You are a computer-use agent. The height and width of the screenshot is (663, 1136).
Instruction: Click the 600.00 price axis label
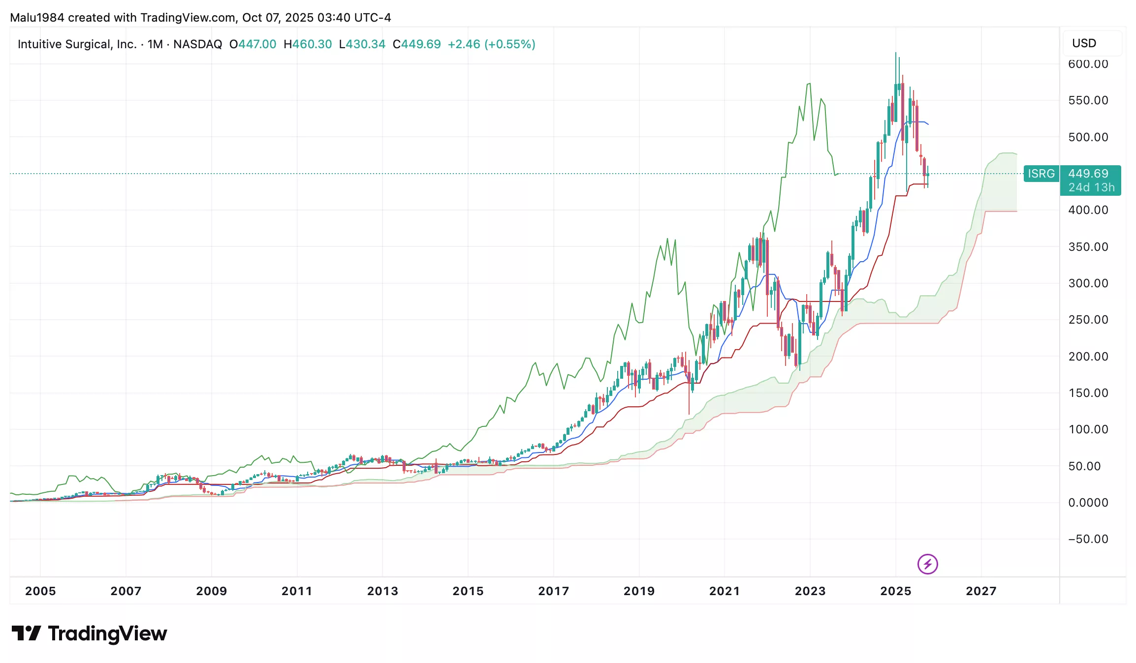(x=1088, y=64)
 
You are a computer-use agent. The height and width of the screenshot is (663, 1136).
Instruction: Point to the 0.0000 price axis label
(x=1088, y=502)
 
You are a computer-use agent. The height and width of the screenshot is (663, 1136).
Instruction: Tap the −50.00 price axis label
(x=1088, y=539)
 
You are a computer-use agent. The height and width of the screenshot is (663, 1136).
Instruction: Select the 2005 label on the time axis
(x=40, y=591)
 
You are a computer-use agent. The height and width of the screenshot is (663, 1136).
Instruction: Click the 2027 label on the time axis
(x=981, y=591)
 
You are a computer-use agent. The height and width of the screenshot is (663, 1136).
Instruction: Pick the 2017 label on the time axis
(x=553, y=591)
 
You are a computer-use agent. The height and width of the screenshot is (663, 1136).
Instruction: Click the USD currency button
(x=1084, y=43)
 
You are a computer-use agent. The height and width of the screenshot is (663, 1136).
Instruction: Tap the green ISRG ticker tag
(x=1041, y=174)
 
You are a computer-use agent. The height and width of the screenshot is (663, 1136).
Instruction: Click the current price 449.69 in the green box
(x=1088, y=174)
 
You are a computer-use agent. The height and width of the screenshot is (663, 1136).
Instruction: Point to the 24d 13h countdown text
(x=1091, y=187)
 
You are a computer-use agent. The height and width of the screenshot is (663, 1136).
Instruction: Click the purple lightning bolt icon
(x=928, y=564)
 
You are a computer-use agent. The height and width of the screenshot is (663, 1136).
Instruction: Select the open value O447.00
(x=252, y=44)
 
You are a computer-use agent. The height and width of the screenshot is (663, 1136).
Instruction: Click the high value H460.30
(x=308, y=44)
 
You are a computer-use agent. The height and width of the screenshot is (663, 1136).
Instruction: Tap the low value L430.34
(x=362, y=44)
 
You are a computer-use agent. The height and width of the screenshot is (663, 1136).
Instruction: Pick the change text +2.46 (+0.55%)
(x=491, y=44)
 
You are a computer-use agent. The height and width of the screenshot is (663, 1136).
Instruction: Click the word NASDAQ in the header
(x=197, y=44)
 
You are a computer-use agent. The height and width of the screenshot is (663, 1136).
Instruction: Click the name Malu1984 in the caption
(x=37, y=18)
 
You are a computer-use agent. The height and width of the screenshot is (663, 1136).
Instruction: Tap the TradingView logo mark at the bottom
(x=26, y=633)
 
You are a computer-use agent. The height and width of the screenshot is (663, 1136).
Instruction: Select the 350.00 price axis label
(x=1088, y=246)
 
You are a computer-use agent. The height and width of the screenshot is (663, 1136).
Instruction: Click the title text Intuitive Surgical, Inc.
(x=77, y=44)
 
